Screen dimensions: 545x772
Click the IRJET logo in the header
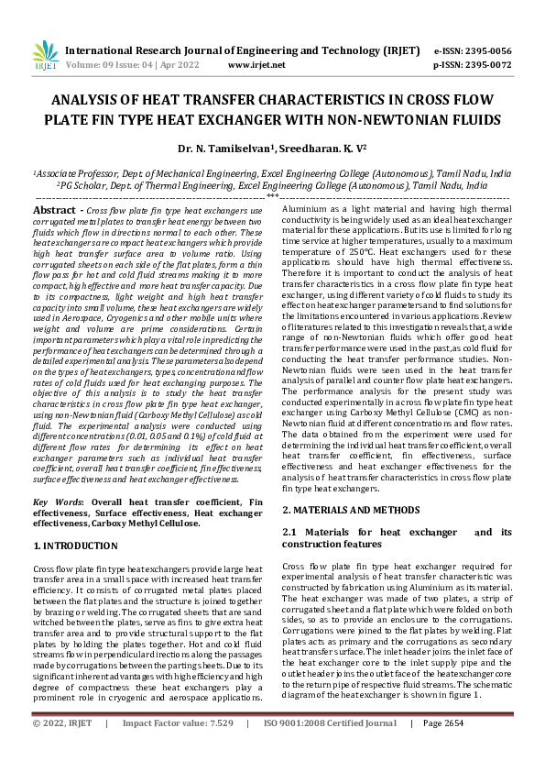click(44, 57)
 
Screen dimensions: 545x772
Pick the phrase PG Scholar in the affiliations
click(84, 184)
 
